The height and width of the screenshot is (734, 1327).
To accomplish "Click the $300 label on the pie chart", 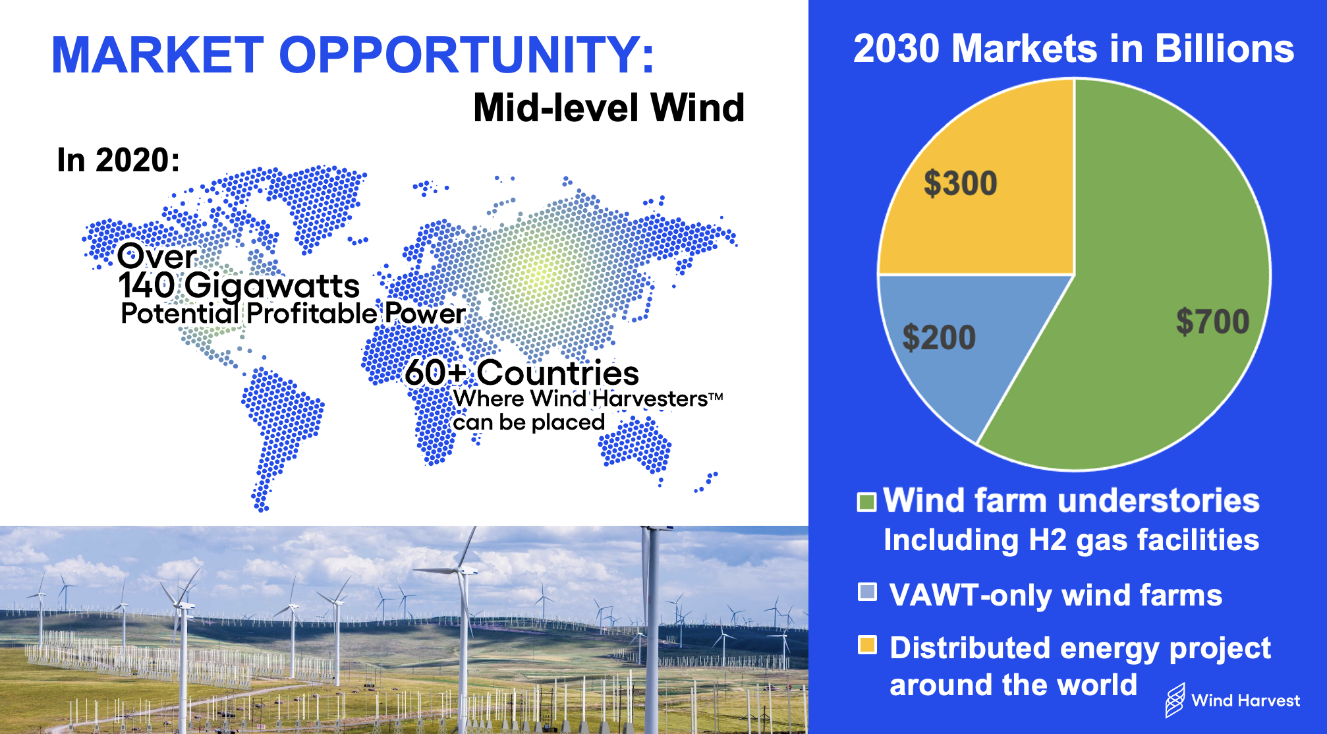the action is [x=960, y=183].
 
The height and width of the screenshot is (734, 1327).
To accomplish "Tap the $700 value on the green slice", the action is [x=1213, y=322].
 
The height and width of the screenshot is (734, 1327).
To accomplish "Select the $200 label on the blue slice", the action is [x=938, y=337].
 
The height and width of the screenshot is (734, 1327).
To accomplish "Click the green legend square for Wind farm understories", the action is [x=866, y=502].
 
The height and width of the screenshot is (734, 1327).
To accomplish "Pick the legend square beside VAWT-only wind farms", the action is [x=867, y=592].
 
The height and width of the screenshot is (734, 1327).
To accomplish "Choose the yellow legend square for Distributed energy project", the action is [x=867, y=644].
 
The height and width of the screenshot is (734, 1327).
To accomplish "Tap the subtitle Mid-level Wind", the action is [x=609, y=107].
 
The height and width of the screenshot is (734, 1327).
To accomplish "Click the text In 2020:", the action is [x=119, y=160].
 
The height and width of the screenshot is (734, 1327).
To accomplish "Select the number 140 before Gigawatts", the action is [x=146, y=285].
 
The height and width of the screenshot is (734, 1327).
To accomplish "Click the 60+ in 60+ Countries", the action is [x=436, y=373].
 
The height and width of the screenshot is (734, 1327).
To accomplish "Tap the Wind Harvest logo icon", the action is [x=1175, y=700].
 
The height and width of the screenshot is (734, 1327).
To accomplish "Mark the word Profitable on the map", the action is [x=312, y=314].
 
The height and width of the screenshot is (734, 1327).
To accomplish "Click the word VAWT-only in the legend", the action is [x=971, y=595].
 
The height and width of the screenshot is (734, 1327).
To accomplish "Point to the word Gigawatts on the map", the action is [x=272, y=287].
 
